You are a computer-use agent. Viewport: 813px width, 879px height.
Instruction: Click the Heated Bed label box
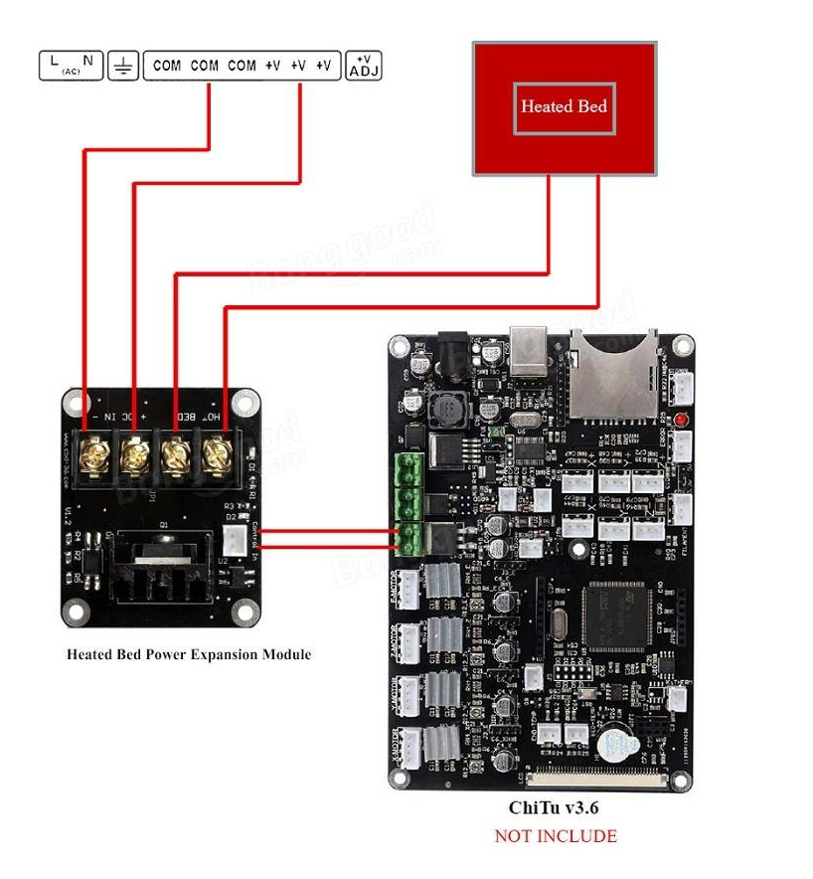tap(564, 106)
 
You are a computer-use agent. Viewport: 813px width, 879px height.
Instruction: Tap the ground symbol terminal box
tap(122, 67)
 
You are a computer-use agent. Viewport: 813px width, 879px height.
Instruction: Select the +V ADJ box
tap(364, 67)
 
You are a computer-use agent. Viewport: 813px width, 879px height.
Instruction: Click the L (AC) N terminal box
tap(71, 67)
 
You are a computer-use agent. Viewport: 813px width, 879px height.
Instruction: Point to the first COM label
tap(166, 66)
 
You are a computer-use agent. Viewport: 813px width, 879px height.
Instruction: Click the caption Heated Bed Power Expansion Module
tap(189, 654)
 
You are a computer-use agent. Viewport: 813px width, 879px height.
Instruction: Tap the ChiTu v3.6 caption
tap(556, 808)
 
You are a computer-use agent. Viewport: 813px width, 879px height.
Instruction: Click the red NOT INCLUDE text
tap(556, 836)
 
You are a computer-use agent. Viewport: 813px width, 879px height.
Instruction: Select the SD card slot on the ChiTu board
tap(609, 373)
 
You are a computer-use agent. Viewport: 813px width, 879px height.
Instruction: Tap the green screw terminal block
tap(406, 503)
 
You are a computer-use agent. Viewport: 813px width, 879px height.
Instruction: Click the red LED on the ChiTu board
tap(682, 421)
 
